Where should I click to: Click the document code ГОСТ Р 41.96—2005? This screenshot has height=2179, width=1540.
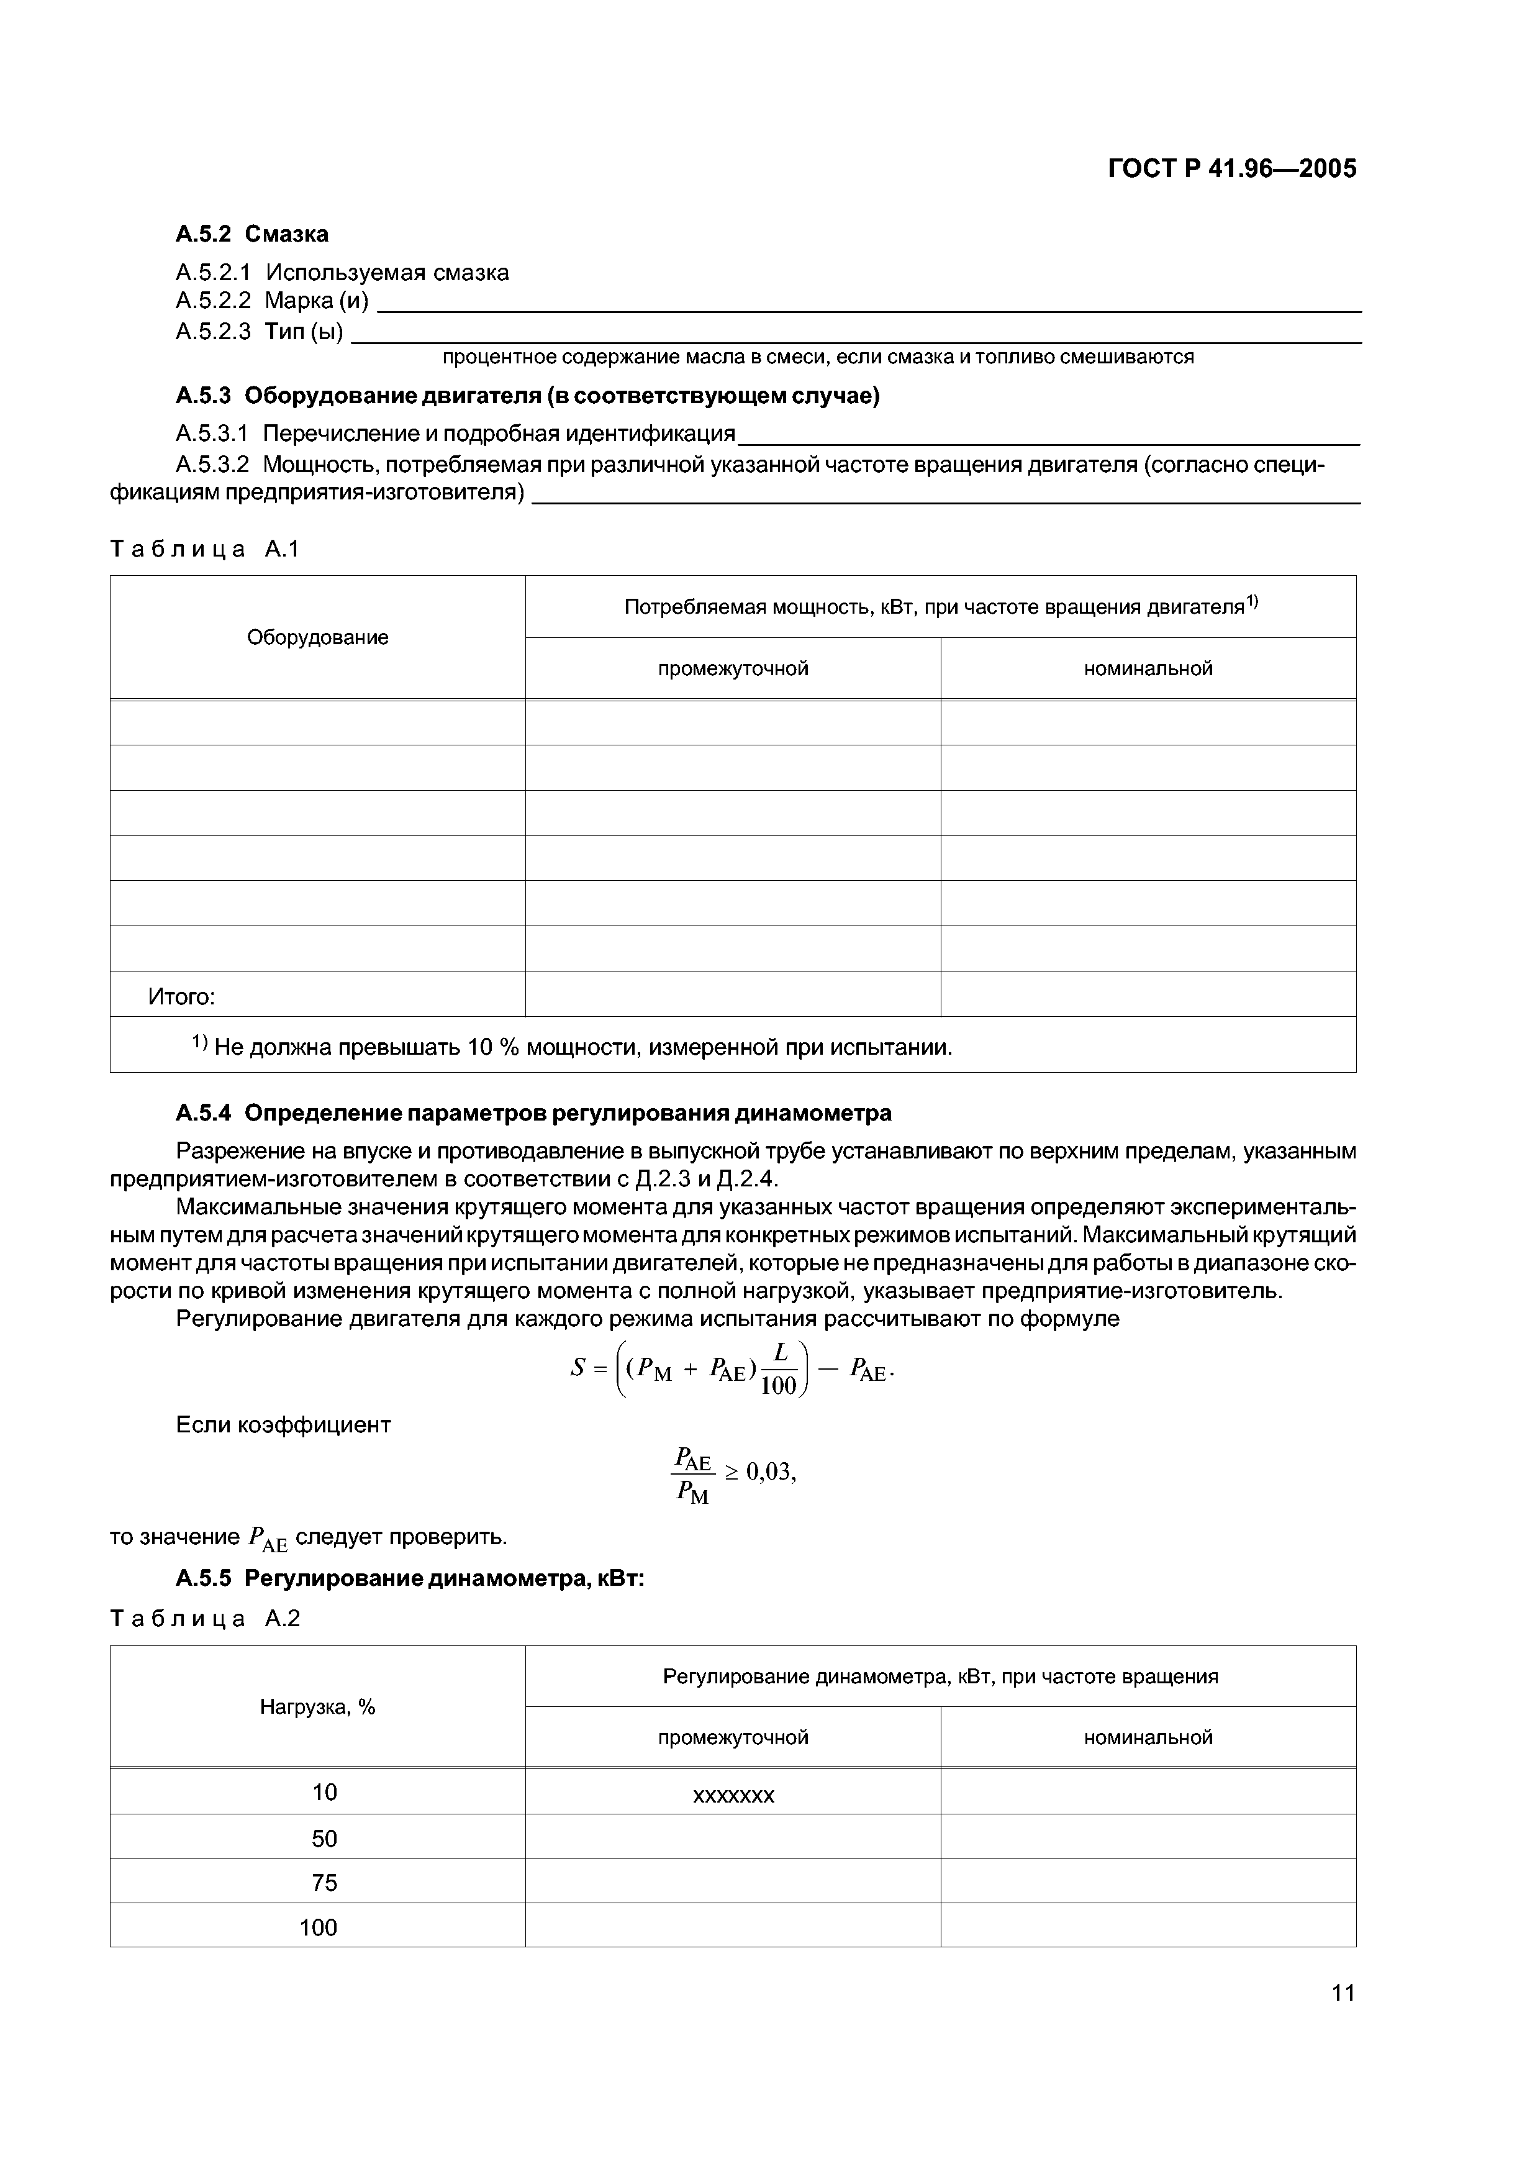1231,169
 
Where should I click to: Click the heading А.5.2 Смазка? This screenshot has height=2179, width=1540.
252,234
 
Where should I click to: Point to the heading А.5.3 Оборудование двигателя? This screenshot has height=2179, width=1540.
528,396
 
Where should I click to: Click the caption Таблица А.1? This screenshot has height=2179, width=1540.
205,548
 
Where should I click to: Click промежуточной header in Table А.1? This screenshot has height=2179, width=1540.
733,669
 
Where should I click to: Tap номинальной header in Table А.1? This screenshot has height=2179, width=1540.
1148,669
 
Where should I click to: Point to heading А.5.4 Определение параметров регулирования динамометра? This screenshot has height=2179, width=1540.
533,1112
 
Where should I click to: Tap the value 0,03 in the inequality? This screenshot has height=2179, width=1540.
771,1472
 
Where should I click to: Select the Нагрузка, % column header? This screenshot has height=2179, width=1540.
318,1708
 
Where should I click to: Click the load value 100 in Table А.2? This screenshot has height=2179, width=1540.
318,1927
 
